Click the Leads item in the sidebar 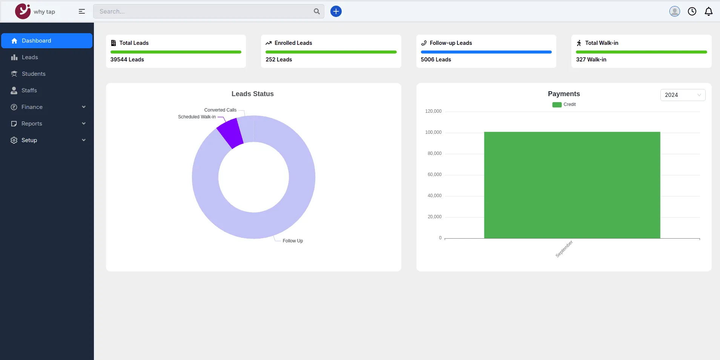tap(30, 57)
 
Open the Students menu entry tap(34, 74)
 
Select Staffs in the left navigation tap(29, 90)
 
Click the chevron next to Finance tap(84, 107)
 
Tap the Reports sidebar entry tap(32, 124)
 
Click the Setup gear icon tap(14, 140)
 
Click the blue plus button tap(336, 11)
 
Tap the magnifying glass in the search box tap(317, 11)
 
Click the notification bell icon tap(709, 11)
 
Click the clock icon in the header tap(692, 11)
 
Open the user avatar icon tap(675, 11)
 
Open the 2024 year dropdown tap(683, 95)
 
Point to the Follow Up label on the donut tap(293, 241)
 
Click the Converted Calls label tap(220, 110)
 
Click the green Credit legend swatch tap(557, 105)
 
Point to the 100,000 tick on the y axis tap(433, 132)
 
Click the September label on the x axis tap(564, 249)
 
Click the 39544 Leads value tap(127, 60)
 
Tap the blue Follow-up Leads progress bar tap(486, 52)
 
